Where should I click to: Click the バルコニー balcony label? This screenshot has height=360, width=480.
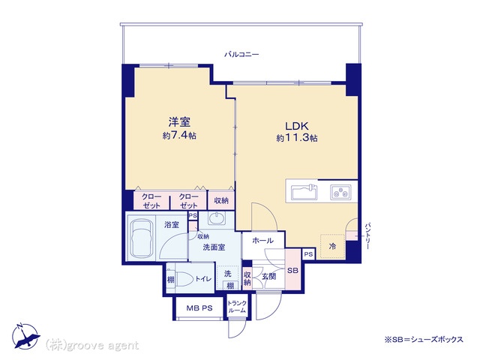[x=241, y=55]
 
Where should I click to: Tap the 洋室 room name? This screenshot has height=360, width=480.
[x=179, y=121]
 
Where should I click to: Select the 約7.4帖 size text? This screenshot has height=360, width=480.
[x=179, y=135]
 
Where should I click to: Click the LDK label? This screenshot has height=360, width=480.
[x=297, y=126]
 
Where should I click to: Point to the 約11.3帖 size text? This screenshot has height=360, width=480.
[x=297, y=138]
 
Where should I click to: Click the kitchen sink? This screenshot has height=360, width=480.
[x=304, y=192]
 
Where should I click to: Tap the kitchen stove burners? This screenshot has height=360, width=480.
[x=340, y=192]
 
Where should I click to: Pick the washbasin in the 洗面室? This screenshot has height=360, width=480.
[x=217, y=218]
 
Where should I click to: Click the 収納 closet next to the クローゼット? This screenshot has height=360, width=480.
[x=221, y=200]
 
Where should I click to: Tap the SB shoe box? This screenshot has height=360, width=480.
[x=292, y=270]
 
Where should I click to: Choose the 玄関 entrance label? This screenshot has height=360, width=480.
[x=268, y=277]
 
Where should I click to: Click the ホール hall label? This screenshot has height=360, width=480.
[x=263, y=241]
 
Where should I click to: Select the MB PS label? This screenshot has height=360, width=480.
[x=199, y=308]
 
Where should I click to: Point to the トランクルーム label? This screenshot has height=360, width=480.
[x=237, y=307]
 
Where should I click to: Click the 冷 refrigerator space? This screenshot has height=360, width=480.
[x=332, y=247]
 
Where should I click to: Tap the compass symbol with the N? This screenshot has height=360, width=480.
[x=25, y=336]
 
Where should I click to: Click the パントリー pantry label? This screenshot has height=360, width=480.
[x=367, y=236]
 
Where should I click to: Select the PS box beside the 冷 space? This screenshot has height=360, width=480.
[x=308, y=254]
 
